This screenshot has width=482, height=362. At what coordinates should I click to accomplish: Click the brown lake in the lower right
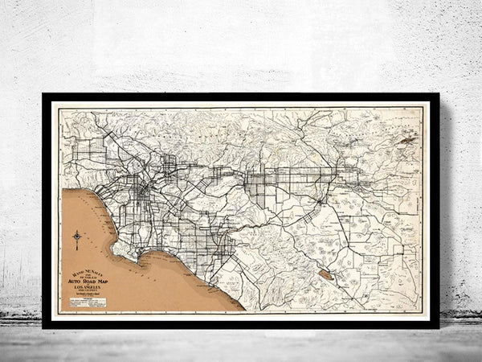[325, 274]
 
